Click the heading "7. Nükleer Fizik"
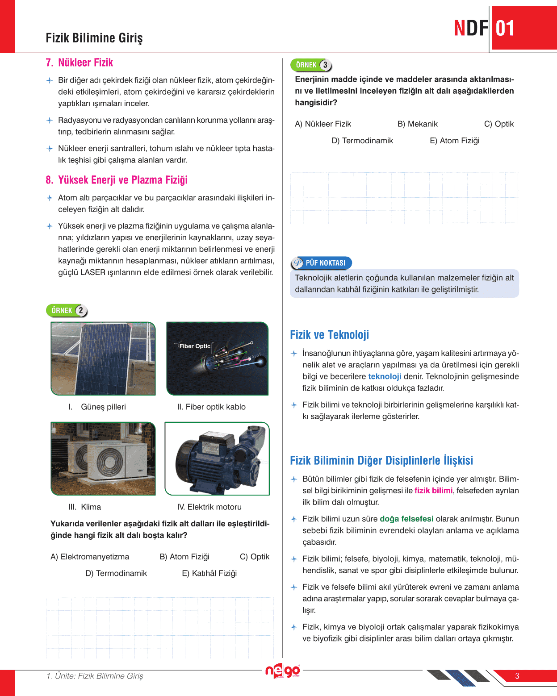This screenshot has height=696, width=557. coord(80,63)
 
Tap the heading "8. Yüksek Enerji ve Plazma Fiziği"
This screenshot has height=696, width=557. coord(117,180)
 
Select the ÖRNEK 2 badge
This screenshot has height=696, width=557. coord(67,310)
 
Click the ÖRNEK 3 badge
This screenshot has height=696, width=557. coord(311,65)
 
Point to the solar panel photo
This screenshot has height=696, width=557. coord(103,358)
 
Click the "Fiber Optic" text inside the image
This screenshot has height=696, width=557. coord(195,346)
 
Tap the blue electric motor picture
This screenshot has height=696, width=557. coord(217,458)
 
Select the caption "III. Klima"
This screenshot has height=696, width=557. coord(84,507)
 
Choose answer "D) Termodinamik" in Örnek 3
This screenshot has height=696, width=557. coord(362,141)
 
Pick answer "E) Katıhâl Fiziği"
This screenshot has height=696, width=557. coord(209,573)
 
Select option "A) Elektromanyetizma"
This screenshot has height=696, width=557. coord(90,557)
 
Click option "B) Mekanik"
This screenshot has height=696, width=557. coord(418,124)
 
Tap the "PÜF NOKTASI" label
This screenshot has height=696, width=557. coord(325,263)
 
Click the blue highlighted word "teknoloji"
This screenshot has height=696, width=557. coord(385,376)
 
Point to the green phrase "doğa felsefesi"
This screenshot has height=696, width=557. coord(406,519)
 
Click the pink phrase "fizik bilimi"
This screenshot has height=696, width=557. coord(433,491)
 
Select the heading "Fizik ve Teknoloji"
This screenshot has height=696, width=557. coord(330,335)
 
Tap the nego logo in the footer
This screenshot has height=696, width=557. coord(282,671)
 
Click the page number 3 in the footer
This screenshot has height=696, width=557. coord(517,676)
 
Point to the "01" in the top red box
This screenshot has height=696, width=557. coord(505,29)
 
